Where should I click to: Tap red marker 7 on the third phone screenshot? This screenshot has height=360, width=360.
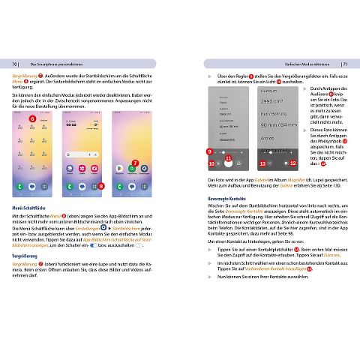tap(134, 162)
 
